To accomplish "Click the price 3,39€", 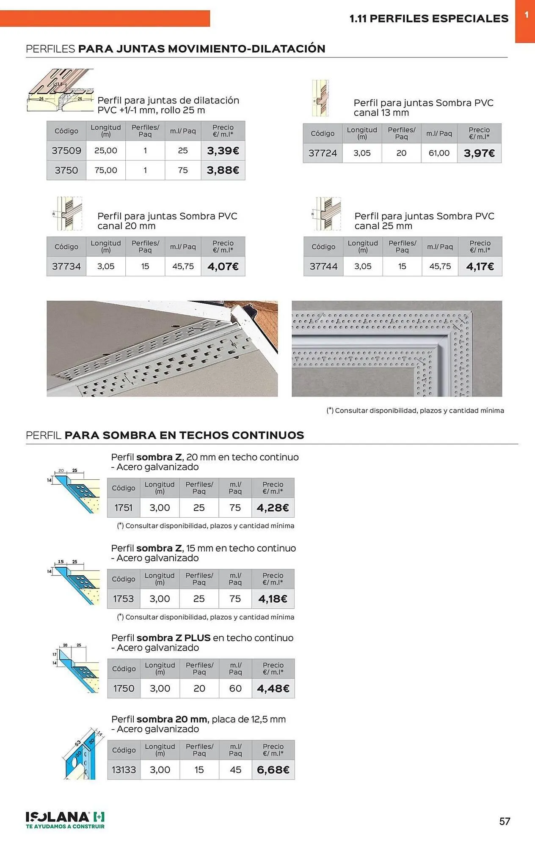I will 223,151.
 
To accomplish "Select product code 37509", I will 66,151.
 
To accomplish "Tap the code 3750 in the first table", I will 66,170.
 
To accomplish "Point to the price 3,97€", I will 479,153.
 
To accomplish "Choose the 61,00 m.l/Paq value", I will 439,153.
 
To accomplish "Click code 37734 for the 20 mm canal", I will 66,266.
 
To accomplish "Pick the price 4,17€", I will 480,266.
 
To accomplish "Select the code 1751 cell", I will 123,508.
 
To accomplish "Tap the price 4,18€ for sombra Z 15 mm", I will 273,599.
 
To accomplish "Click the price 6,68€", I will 273,770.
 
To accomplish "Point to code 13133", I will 124,770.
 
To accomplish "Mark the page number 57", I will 505,821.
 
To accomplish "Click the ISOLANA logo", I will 65,820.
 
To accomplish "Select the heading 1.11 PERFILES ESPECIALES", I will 429,19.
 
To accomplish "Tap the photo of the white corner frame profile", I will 397,349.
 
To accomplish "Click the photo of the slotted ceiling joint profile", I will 162,349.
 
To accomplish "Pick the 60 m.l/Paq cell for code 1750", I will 235,689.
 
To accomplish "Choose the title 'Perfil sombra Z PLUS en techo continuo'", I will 202,638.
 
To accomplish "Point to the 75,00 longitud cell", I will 106,170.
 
